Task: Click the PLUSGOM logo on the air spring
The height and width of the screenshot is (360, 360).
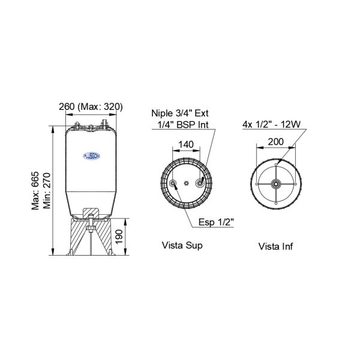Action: tap(91, 156)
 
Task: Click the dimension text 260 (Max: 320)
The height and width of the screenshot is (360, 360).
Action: tap(91, 107)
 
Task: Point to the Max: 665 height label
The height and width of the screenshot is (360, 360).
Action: tap(35, 191)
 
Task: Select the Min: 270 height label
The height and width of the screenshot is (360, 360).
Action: tap(47, 191)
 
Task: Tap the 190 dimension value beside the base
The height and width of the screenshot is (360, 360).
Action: tap(119, 237)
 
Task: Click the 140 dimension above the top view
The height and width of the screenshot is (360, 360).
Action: tap(186, 145)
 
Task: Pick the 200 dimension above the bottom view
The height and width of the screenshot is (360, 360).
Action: tap(276, 142)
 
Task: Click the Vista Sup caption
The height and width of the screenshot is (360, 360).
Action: tap(182, 245)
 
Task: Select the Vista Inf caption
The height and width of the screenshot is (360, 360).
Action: tap(275, 247)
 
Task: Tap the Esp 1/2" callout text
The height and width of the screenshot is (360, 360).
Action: tap(216, 222)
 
